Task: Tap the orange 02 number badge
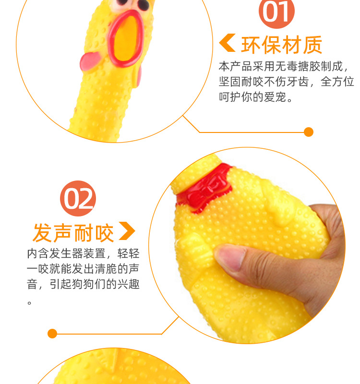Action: (78, 198)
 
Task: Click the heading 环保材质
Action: (282, 45)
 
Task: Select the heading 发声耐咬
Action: (73, 232)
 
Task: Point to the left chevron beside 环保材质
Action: (227, 43)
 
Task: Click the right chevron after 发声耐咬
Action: (127, 231)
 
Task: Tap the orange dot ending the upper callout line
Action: (309, 132)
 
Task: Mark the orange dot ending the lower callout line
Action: (52, 334)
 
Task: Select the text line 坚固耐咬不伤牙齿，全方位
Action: (286, 82)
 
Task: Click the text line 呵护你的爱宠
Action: (255, 97)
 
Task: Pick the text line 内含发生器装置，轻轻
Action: (83, 253)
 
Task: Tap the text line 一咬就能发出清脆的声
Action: (83, 269)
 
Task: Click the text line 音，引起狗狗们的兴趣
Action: (83, 284)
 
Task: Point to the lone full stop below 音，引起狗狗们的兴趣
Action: (29, 303)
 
